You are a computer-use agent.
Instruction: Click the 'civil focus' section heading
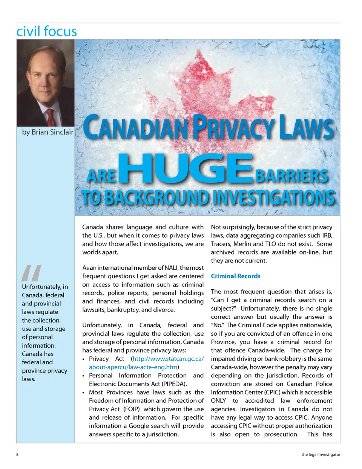pos(46,31)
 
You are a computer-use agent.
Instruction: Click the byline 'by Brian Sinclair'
pos(48,132)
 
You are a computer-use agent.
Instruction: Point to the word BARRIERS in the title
pos(291,176)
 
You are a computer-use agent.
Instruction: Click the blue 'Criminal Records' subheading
pos(236,276)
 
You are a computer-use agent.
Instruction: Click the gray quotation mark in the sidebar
pos(31,273)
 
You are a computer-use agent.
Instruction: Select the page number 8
pos(17,454)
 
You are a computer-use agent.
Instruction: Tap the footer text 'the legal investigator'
pos(321,455)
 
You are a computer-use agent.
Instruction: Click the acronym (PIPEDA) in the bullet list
pos(174,384)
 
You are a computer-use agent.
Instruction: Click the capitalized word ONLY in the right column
pos(218,400)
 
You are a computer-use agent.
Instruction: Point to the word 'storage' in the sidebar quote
pos(55,329)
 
